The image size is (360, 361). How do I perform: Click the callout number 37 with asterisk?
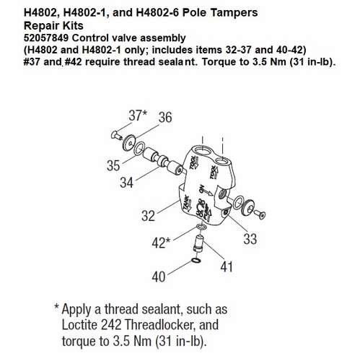[138, 116]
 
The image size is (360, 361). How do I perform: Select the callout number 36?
[165, 118]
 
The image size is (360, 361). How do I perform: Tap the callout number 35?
[113, 165]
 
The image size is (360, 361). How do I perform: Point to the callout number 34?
[126, 183]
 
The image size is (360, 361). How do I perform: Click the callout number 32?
[148, 216]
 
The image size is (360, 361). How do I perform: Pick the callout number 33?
[250, 239]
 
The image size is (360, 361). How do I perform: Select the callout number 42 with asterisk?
[161, 243]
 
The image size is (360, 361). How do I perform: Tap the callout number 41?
[227, 266]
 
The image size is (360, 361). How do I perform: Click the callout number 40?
[159, 277]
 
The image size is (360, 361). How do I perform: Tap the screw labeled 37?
[117, 135]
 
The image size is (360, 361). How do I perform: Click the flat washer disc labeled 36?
[128, 143]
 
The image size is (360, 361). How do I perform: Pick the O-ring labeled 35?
[139, 149]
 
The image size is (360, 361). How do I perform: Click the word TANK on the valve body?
[186, 203]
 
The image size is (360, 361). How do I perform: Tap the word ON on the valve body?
[201, 188]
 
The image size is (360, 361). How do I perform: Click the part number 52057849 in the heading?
[46, 38]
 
